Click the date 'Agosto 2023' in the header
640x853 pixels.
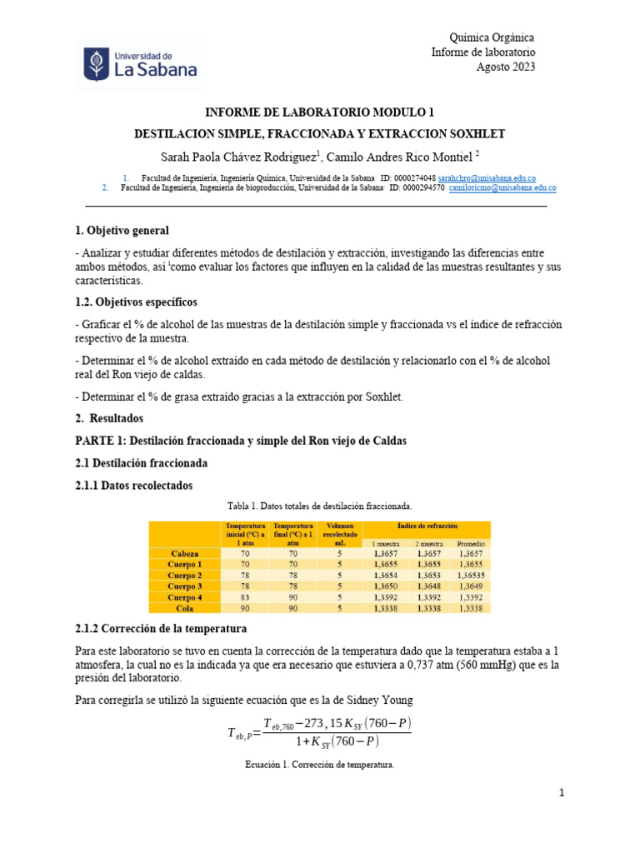[x=505, y=67]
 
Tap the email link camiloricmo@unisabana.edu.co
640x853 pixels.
[x=502, y=188]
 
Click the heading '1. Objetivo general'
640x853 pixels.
[x=122, y=230]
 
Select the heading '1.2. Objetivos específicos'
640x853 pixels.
[x=136, y=302]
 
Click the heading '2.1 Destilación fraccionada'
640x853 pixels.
[x=141, y=462]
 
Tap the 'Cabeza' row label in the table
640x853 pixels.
[x=185, y=553]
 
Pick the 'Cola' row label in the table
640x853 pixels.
[x=185, y=608]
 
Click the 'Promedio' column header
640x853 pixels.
[x=470, y=543]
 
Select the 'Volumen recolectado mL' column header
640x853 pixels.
[x=340, y=534]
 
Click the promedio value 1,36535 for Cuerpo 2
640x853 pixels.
[x=470, y=576]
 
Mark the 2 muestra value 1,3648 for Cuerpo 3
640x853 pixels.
[x=428, y=586]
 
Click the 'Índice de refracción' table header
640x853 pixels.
[x=427, y=526]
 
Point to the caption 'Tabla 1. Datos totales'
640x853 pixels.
[x=320, y=506]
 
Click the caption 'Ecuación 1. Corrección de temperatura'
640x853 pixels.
[x=320, y=763]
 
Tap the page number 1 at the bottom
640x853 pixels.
[x=562, y=794]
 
